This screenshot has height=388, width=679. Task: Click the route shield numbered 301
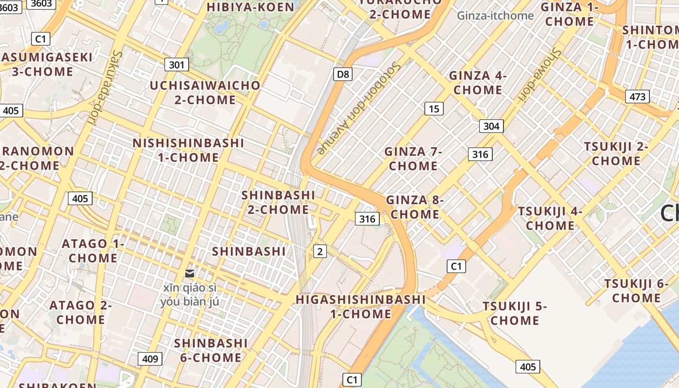tap(177, 65)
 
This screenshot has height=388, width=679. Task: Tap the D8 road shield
tap(343, 74)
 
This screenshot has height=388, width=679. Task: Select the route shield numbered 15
tap(434, 109)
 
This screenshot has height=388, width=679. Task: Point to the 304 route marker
tap(491, 126)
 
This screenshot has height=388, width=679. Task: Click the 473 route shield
tap(637, 97)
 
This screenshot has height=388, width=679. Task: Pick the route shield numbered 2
tap(320, 251)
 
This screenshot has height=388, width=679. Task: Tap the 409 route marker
tap(150, 359)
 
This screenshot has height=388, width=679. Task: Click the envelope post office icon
tap(190, 274)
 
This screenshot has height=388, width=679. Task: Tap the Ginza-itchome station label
tap(495, 16)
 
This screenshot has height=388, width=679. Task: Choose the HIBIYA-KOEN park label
tap(251, 7)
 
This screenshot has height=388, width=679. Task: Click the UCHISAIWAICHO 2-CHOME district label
tap(205, 93)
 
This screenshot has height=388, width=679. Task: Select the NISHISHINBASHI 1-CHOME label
tap(188, 150)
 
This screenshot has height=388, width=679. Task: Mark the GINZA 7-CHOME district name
tap(413, 159)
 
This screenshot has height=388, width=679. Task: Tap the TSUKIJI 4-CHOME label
tap(550, 218)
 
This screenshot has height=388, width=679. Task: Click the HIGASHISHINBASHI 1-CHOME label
tap(361, 307)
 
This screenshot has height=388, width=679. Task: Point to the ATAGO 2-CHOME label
tap(81, 312)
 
